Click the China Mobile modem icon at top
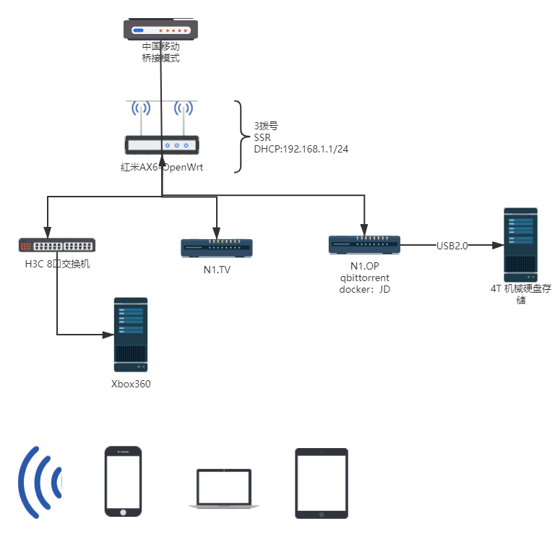[160, 31]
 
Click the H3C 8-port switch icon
[57, 245]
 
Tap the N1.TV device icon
[217, 248]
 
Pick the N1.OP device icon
[364, 245]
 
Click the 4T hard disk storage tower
[520, 245]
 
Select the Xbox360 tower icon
[131, 335]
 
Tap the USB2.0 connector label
[452, 246]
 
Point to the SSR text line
[262, 137]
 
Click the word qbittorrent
[365, 278]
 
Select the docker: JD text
[365, 289]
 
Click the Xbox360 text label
[131, 384]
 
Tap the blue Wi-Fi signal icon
[40, 482]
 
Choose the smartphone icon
[123, 481]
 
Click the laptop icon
[223, 489]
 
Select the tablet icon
[322, 483]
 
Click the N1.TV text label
[217, 270]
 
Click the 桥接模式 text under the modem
[160, 58]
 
